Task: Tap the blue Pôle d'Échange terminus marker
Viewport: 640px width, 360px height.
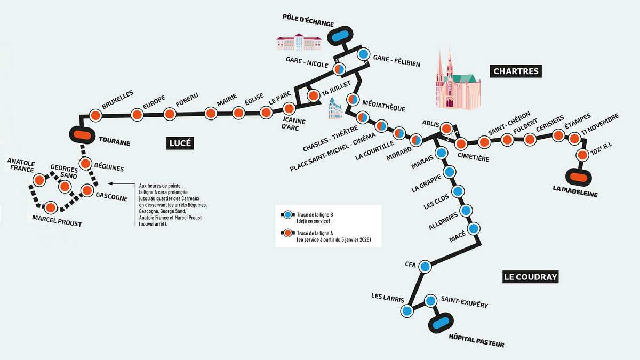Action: (x=338, y=36)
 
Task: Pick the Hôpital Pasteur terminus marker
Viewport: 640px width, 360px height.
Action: (x=441, y=323)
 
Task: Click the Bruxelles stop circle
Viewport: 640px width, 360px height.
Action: (x=95, y=115)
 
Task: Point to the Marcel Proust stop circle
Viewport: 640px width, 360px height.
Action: (x=51, y=207)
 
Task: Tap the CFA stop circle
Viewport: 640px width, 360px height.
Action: (x=425, y=266)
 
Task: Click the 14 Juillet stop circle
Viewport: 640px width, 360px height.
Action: (x=313, y=94)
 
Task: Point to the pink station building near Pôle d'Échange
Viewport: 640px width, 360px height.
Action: (x=299, y=42)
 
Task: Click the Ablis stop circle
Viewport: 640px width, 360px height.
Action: (x=446, y=128)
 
